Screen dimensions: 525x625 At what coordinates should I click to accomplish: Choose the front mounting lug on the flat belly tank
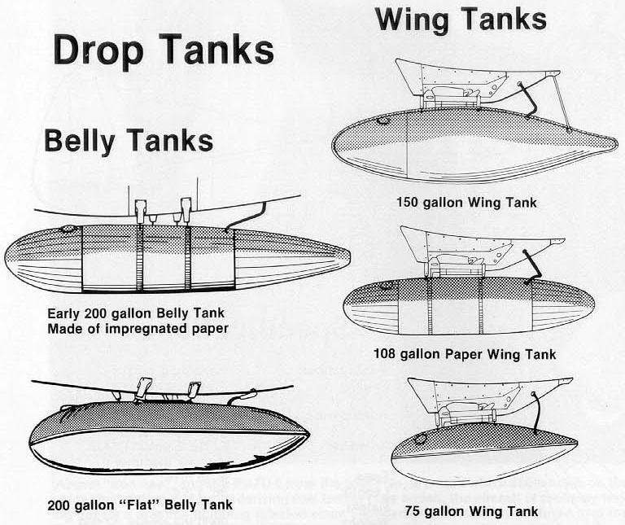point(143,387)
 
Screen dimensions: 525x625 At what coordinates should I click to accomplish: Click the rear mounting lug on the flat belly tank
point(194,390)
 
